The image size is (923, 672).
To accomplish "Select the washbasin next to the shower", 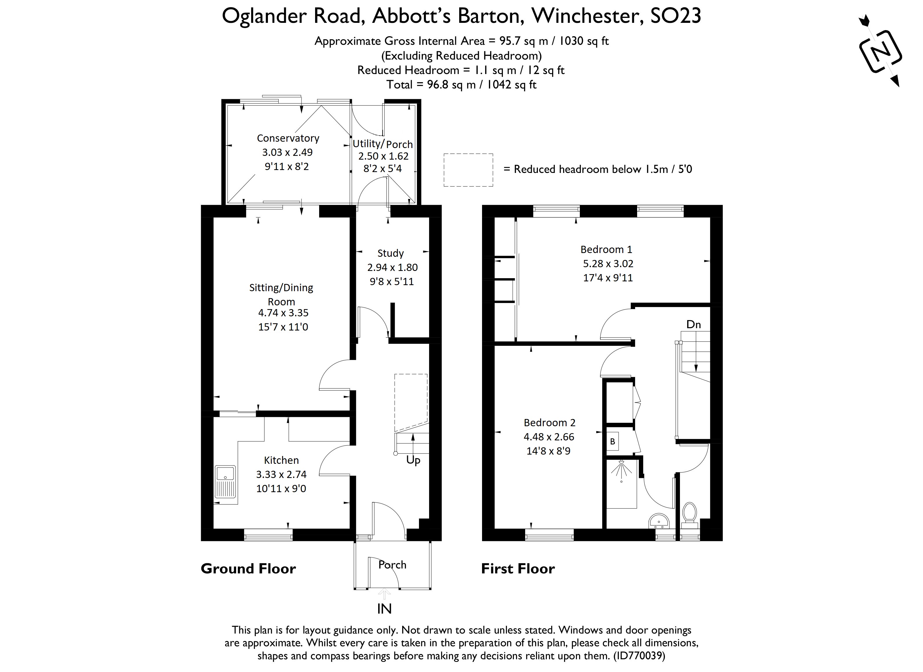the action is point(659,521).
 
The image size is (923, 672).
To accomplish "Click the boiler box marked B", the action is point(613,441).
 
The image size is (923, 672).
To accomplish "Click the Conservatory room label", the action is point(288,138).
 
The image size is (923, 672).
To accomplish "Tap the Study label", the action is point(390,253).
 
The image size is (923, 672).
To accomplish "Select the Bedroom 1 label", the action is point(606,249).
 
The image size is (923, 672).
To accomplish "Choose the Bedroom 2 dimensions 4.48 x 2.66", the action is point(549,437).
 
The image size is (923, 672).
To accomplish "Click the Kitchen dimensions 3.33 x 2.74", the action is point(281,474).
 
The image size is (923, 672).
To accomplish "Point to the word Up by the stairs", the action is point(413,460).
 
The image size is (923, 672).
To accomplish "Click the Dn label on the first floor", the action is point(694,324).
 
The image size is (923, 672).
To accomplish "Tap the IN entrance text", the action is point(384,609).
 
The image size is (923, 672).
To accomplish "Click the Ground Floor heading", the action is point(248,568).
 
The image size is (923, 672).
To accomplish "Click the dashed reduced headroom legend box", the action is point(468,170).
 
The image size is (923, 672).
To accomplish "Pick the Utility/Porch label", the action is point(383,144).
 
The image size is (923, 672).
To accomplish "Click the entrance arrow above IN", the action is point(384,594).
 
